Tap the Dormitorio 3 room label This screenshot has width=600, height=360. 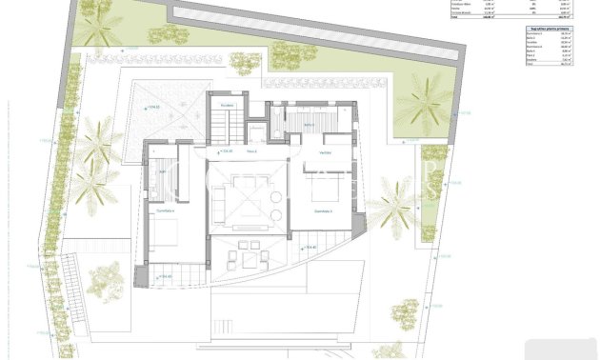pyautogui.click(x=324, y=211)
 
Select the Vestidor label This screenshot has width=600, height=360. pyautogui.click(x=325, y=152)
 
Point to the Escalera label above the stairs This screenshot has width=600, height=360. pyautogui.click(x=227, y=105)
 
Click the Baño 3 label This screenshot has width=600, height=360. pyautogui.click(x=309, y=125)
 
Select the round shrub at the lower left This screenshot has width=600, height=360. pyautogui.click(x=106, y=279)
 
